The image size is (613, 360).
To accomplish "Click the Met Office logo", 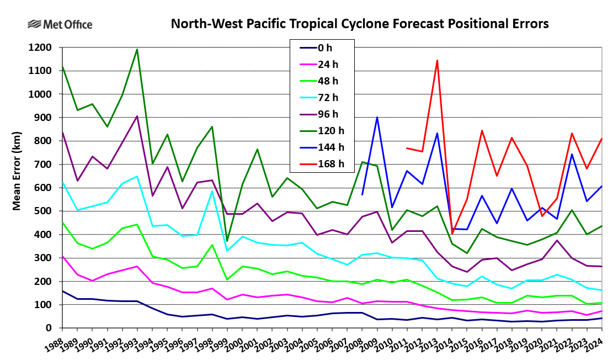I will [60, 25].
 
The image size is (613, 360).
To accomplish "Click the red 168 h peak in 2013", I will [437, 60].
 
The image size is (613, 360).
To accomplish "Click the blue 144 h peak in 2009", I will [377, 117].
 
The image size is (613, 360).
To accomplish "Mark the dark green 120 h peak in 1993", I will [137, 49].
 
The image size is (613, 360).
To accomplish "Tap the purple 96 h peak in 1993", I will [137, 116].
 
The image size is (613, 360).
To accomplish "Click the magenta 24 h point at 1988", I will [62, 256].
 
